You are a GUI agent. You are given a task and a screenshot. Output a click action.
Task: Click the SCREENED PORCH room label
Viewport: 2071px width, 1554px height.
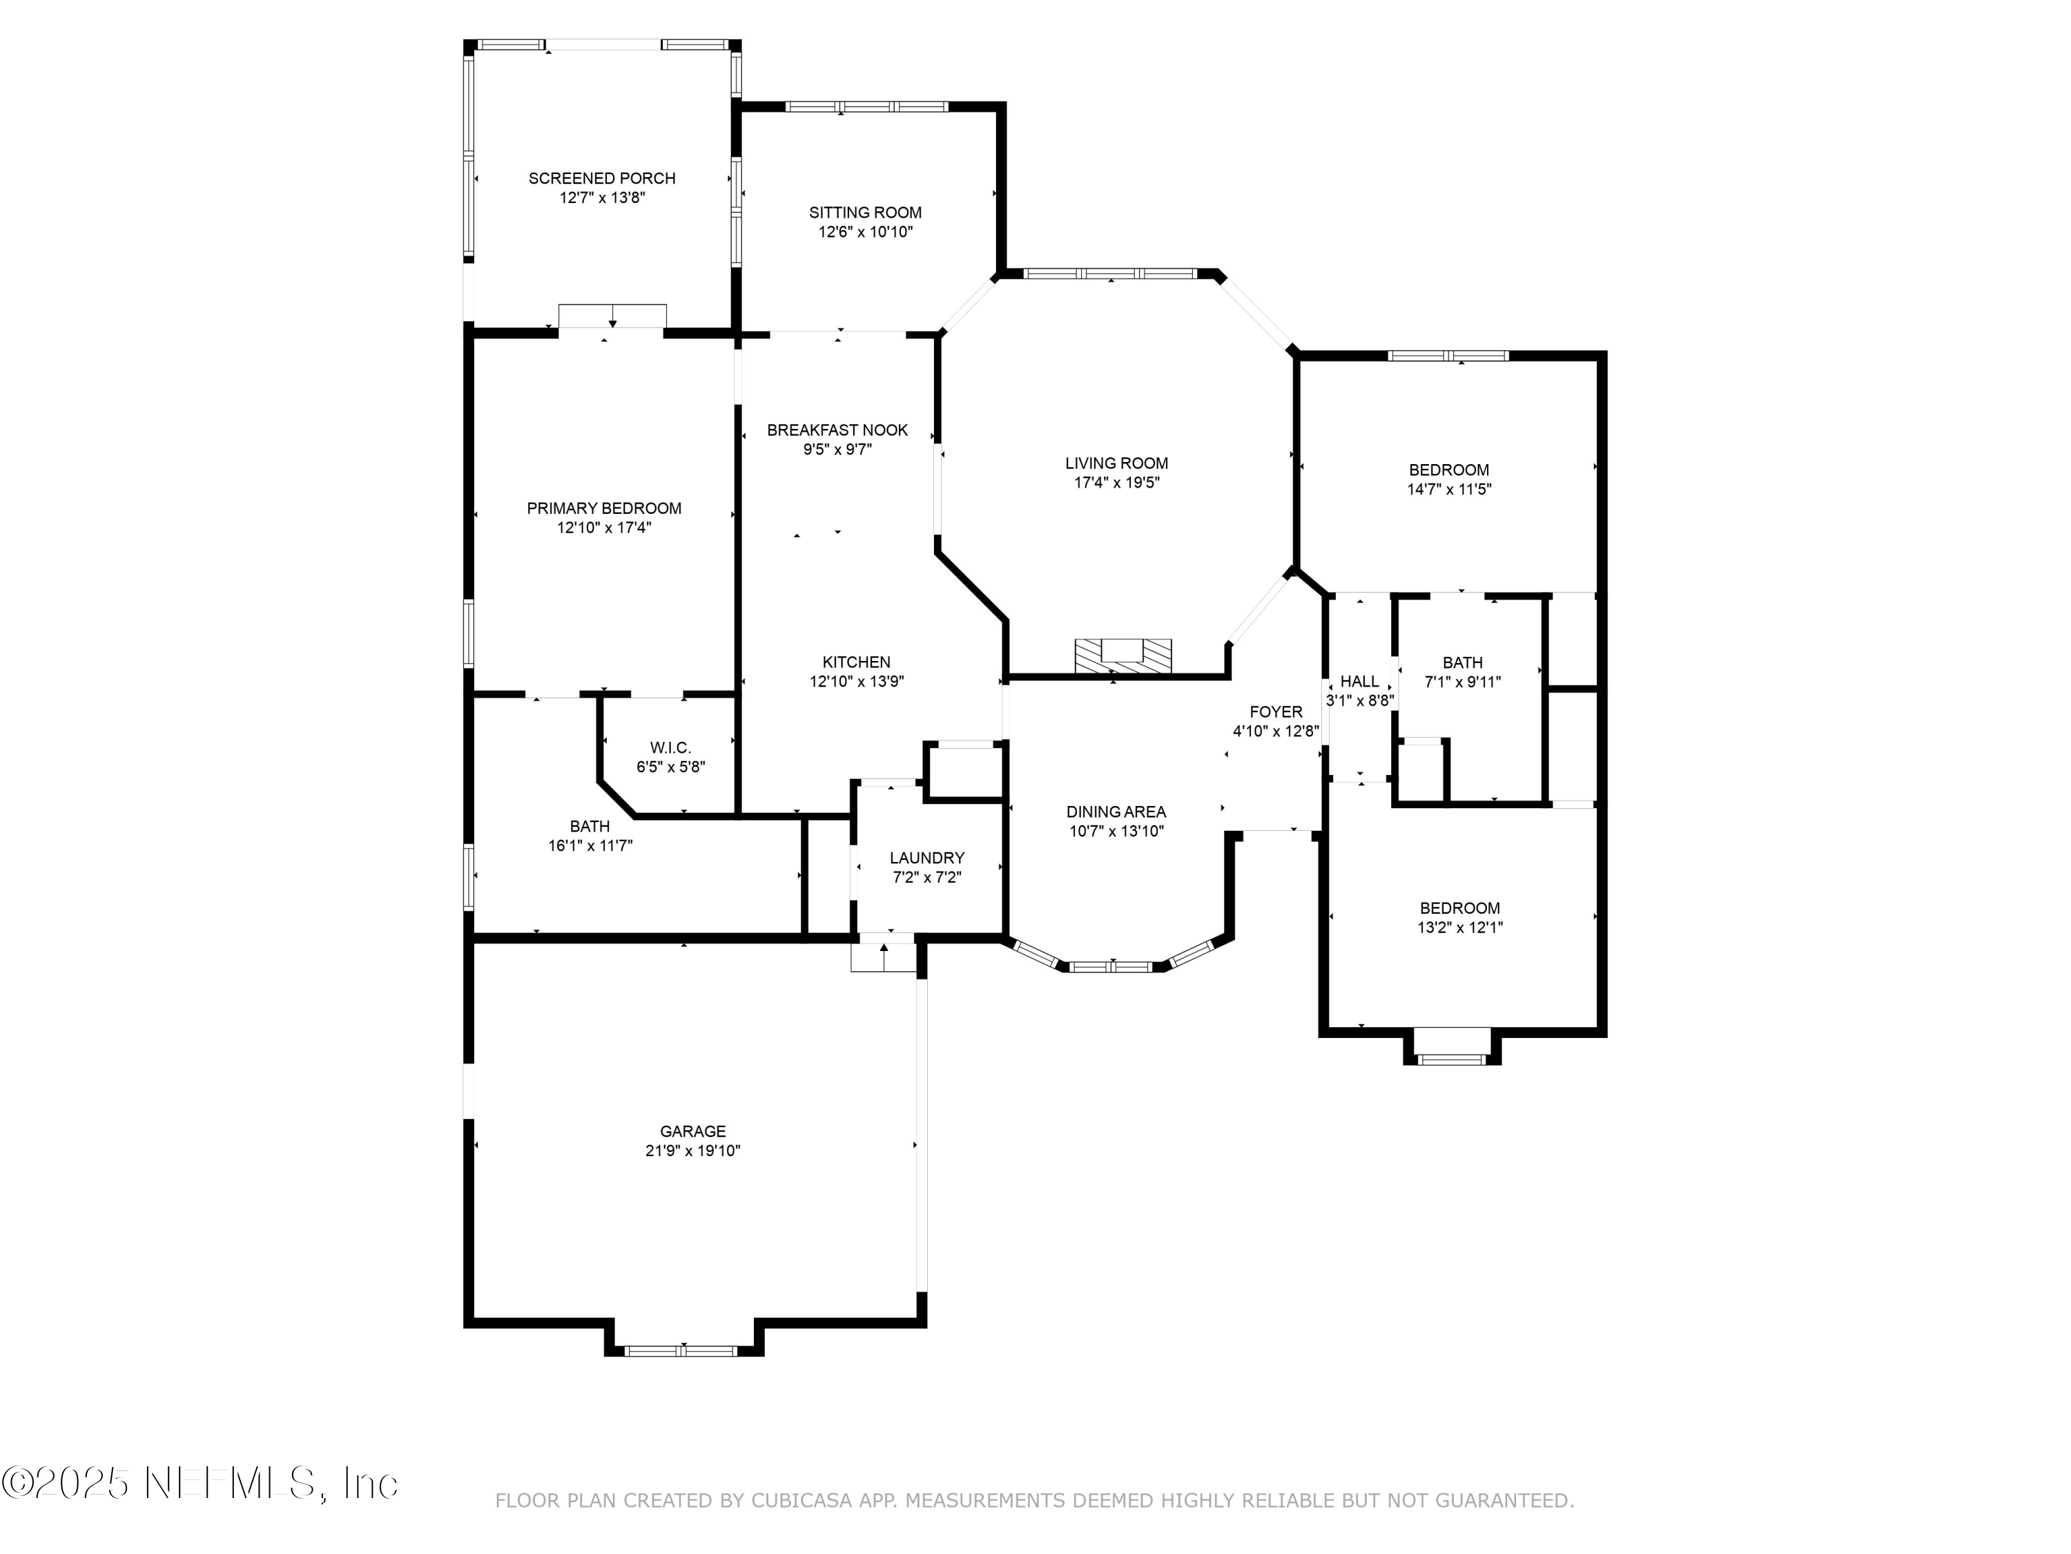coord(601,178)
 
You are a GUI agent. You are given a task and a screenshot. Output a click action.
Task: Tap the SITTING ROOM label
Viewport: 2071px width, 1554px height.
coord(865,213)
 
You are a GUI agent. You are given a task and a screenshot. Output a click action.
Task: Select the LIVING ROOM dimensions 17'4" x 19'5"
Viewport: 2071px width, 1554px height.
coord(1117,482)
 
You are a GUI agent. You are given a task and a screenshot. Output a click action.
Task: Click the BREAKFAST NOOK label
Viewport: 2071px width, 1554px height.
coord(837,430)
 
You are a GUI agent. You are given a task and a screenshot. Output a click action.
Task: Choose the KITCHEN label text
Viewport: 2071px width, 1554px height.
coord(857,662)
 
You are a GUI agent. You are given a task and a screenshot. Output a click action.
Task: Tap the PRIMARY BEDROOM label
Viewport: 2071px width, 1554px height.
coord(604,508)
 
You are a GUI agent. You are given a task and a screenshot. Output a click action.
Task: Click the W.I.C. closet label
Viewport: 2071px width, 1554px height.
coord(670,747)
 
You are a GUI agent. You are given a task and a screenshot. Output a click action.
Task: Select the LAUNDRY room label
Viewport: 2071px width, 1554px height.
coord(927,858)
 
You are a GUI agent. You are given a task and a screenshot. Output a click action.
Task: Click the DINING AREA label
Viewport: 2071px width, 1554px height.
coord(1116,812)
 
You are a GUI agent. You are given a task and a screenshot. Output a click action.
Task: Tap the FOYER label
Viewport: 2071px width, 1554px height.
coord(1275,712)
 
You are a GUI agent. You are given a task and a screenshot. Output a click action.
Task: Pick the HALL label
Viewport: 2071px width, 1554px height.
coord(1359,681)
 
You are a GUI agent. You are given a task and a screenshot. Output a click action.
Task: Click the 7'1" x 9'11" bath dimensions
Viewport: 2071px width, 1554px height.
coord(1462,682)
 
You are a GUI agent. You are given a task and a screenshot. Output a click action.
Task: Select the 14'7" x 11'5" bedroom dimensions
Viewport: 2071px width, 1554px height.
coord(1449,489)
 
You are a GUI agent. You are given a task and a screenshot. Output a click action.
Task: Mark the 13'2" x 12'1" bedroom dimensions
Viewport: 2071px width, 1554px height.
coord(1459,928)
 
